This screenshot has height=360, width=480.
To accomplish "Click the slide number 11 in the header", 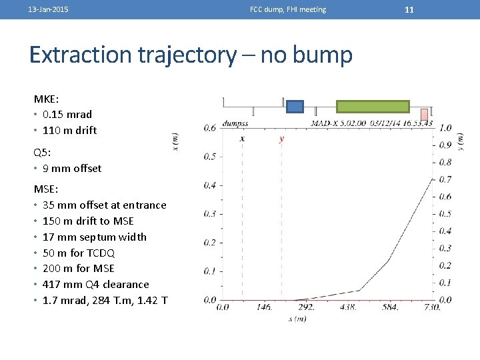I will (409, 9).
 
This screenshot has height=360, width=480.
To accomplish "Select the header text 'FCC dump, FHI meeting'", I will (288, 9).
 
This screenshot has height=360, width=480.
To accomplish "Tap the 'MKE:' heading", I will (47, 99).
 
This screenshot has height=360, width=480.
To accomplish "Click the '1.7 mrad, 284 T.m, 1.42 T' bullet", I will (105, 300).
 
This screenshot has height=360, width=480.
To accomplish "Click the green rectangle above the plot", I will (373, 107).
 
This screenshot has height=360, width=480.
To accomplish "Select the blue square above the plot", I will (295, 107).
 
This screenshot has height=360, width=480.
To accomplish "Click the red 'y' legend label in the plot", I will (281, 139).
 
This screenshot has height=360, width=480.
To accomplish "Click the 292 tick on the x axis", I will (307, 307).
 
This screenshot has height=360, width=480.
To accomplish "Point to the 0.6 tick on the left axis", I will (209, 127).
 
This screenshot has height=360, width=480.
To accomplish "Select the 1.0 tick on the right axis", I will (445, 127).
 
